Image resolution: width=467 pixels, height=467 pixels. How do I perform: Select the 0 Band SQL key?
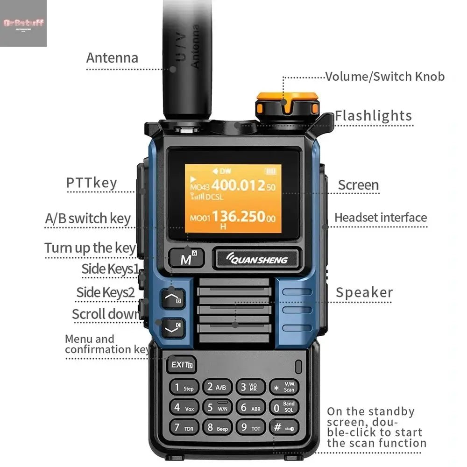point(283,407)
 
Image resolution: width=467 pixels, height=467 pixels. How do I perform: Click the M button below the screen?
point(186,258)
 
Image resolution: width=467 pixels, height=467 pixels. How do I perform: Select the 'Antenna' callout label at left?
point(112,58)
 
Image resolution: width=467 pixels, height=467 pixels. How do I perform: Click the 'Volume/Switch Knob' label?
point(385,76)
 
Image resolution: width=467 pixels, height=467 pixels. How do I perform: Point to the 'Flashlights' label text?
point(373,115)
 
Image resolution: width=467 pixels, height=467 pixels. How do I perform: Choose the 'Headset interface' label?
point(381,218)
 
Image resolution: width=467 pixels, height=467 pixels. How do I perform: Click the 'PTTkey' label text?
point(92,183)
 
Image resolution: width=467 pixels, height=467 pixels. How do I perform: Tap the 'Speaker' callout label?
point(364,292)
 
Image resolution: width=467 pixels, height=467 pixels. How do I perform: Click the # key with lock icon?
point(283,427)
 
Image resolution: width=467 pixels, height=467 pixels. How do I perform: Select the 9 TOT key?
point(250,427)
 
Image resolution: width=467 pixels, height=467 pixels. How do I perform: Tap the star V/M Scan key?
point(283,387)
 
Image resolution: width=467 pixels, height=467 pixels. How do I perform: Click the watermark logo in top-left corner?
point(23,23)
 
